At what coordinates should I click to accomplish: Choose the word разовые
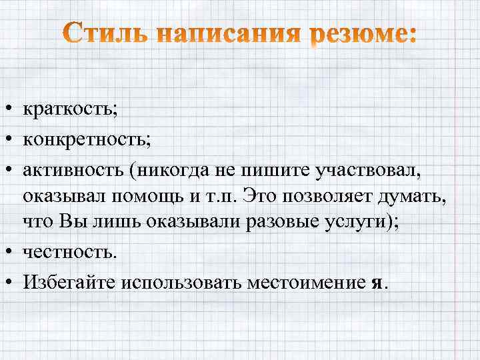[282, 225]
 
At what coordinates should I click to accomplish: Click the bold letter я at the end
[379, 283]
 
